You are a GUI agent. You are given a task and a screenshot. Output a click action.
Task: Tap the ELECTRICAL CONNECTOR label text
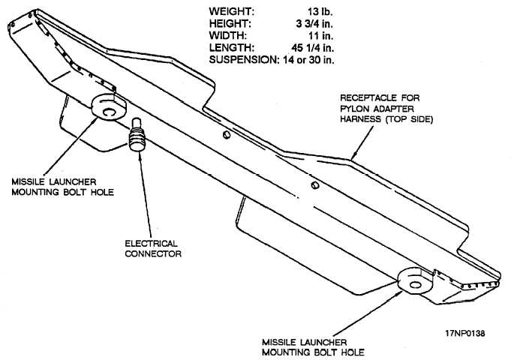click(151, 248)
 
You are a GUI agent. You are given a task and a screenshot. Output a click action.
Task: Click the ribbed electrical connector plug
click(137, 136)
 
